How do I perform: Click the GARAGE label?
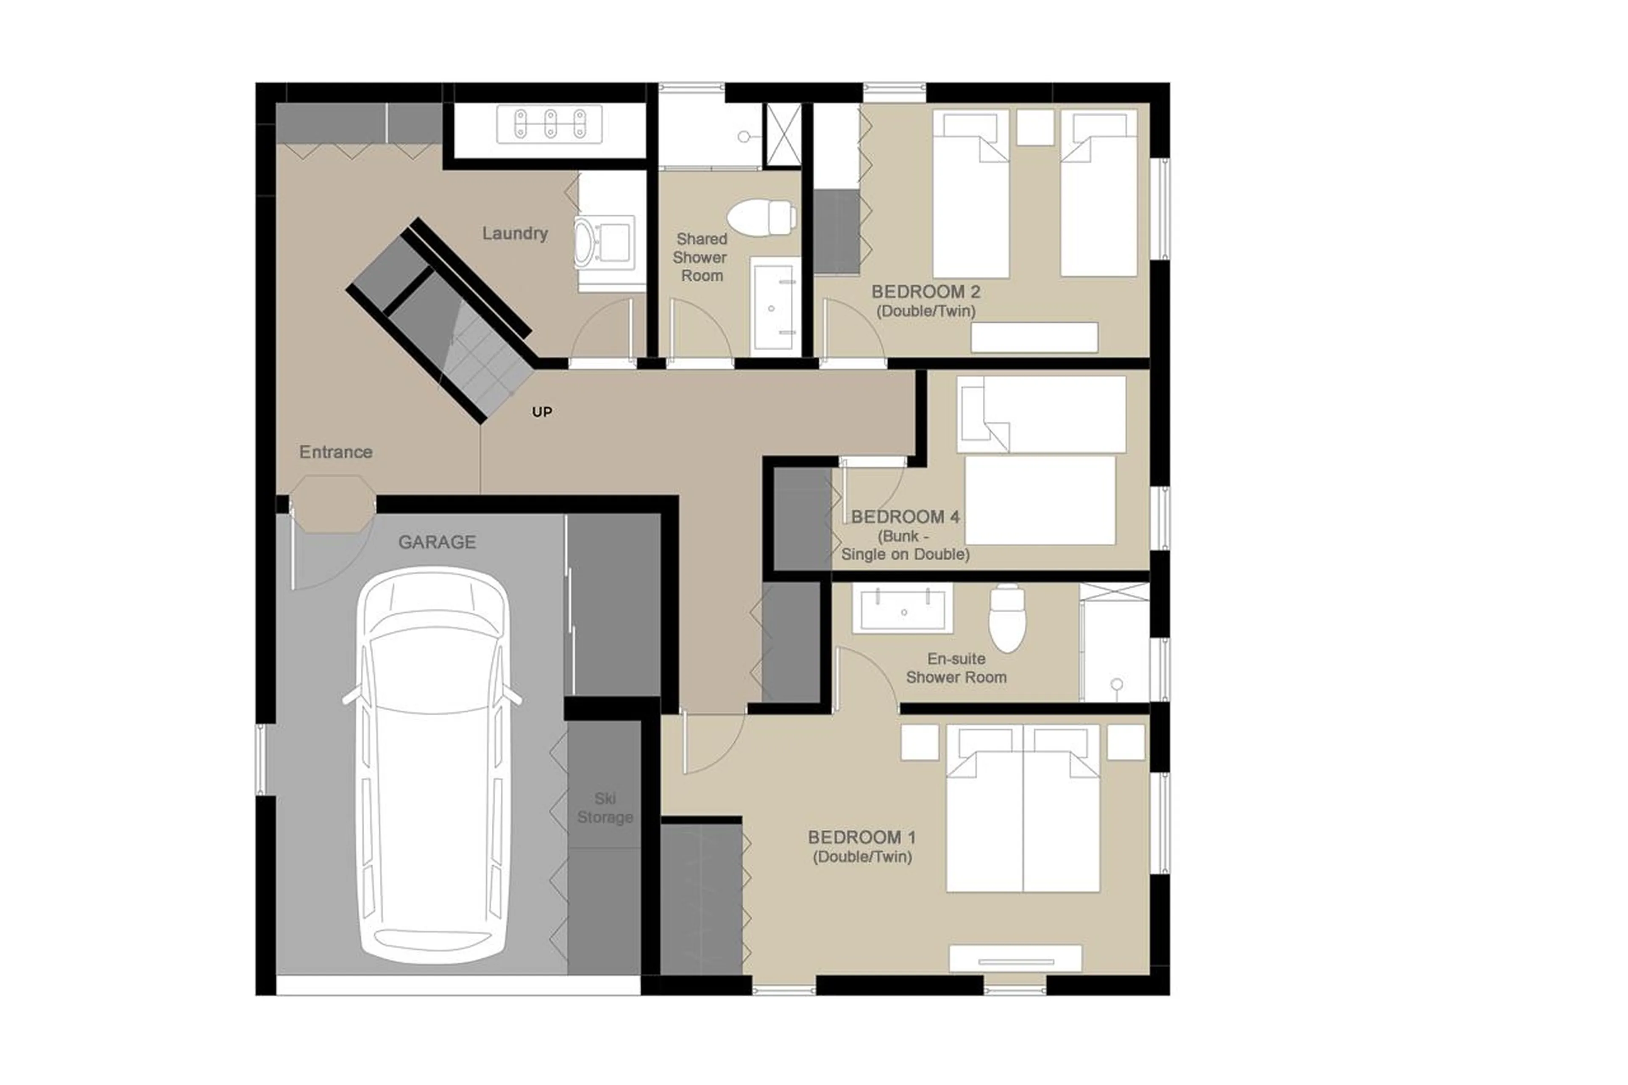437,542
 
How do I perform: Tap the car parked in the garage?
432,768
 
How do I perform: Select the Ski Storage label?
605,808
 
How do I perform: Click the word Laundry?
515,233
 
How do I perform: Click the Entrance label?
336,452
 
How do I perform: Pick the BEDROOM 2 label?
925,292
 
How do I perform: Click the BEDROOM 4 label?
905,517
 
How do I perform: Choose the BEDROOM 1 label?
861,837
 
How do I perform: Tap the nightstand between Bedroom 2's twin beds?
1034,127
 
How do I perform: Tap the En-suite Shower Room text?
956,668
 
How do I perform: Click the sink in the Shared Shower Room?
775,307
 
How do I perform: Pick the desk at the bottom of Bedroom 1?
1014,958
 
